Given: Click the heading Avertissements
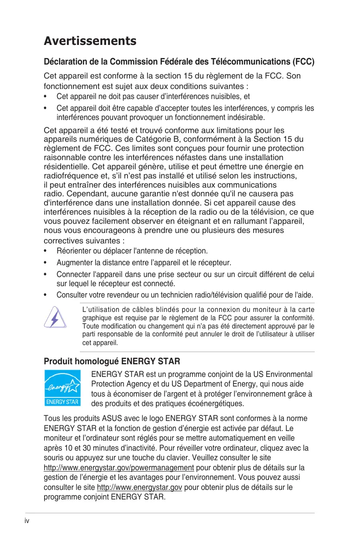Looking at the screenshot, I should point(90,41).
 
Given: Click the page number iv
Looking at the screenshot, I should point(27,521).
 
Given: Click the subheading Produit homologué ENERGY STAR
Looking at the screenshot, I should point(112,362).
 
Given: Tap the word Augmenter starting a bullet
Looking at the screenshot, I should point(73,263).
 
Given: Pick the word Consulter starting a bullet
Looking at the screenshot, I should point(72,295).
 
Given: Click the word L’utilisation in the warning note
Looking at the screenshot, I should point(98,310).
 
